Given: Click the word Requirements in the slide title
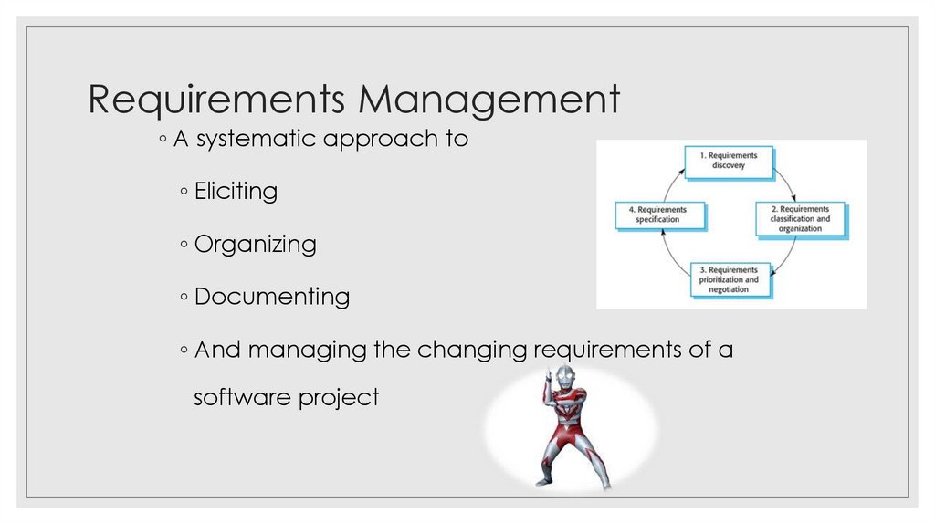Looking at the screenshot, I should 215,100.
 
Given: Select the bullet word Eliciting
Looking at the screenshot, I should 236,192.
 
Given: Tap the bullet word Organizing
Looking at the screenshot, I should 255,245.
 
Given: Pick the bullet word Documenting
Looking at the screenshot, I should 271,297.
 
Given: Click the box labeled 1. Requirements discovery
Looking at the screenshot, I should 729,162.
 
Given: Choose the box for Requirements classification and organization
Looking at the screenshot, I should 800,219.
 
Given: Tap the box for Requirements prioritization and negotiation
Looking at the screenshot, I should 729,279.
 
